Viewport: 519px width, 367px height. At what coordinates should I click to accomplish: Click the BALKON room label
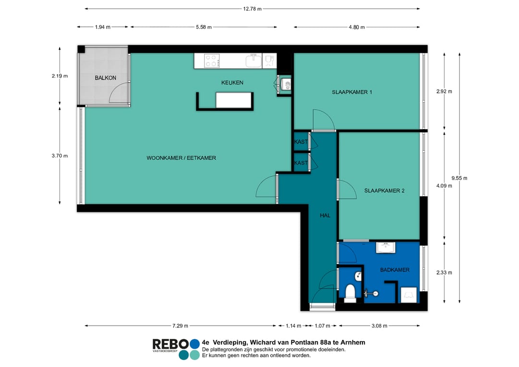105,78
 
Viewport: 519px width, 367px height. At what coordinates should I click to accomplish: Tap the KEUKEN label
232,83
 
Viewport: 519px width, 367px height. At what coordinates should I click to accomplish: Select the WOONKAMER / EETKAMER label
181,158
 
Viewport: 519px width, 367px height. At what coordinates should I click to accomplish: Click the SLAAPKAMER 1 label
352,92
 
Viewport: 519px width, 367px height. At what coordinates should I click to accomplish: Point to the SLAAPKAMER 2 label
384,191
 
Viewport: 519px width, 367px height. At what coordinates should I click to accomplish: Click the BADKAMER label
395,269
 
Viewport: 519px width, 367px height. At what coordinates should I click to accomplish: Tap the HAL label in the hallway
325,215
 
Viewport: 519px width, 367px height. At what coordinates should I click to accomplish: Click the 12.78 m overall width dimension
252,9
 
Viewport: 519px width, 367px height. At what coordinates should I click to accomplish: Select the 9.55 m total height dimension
459,178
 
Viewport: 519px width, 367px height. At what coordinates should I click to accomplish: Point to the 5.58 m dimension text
204,27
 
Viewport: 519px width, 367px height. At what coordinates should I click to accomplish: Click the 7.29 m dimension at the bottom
180,326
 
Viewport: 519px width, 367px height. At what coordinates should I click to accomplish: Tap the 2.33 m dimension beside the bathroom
444,273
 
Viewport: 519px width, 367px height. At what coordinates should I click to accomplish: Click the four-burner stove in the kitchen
212,61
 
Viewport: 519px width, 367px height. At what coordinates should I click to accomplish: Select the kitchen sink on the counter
254,61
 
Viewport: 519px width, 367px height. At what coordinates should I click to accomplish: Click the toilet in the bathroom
350,293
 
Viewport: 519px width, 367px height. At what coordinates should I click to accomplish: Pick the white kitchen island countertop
234,100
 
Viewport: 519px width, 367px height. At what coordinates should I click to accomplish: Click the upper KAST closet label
301,142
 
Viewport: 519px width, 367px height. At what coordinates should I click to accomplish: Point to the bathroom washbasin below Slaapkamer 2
385,247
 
